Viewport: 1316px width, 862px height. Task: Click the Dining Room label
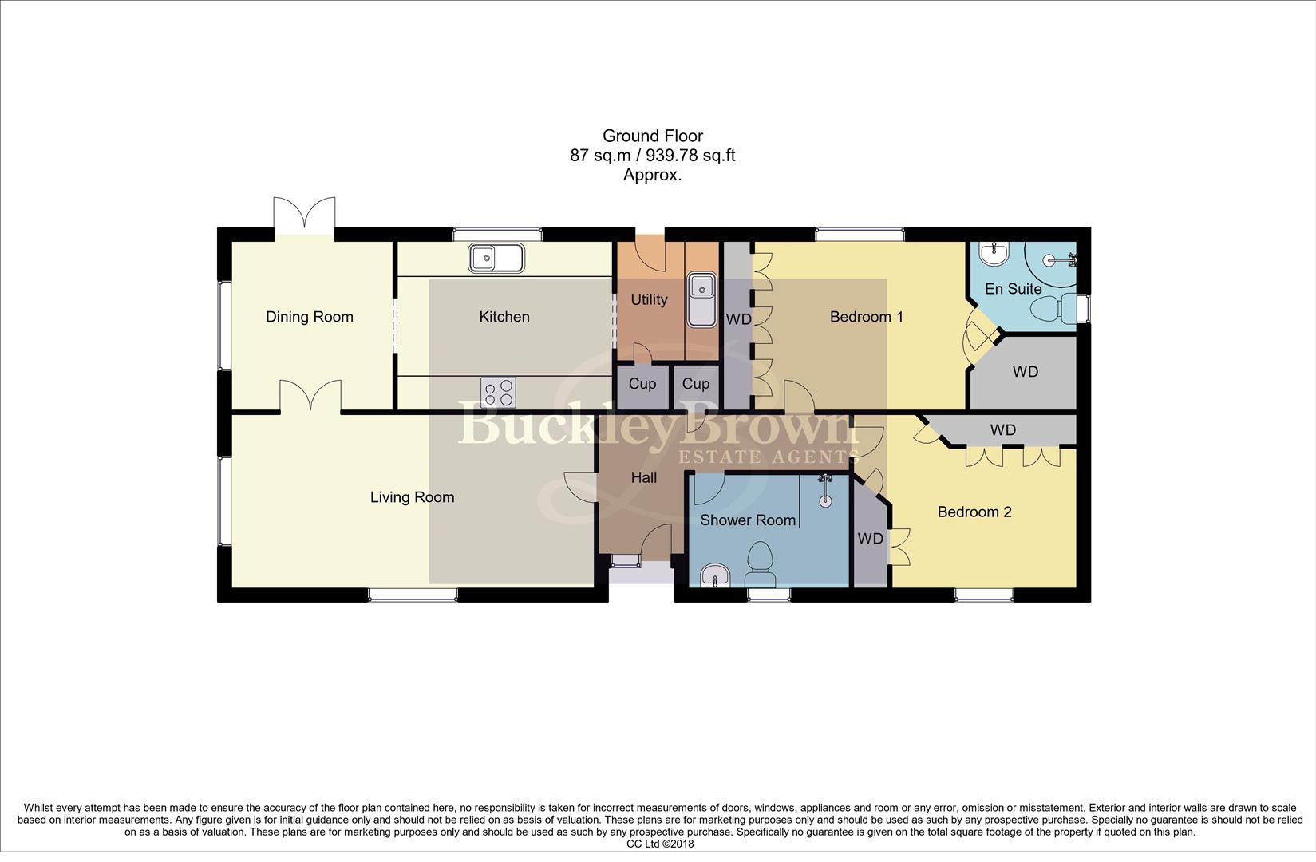pyautogui.click(x=309, y=317)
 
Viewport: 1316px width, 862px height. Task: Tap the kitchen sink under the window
pyautogui.click(x=496, y=258)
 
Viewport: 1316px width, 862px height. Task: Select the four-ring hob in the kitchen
pyautogui.click(x=498, y=393)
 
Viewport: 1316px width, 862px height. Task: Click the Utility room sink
pyautogui.click(x=702, y=299)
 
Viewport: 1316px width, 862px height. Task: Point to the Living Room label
pyautogui.click(x=412, y=497)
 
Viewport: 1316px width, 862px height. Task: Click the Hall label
pyautogui.click(x=643, y=477)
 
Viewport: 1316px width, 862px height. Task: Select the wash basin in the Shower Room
pyautogui.click(x=715, y=575)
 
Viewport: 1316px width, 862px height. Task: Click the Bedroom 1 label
pyautogui.click(x=866, y=317)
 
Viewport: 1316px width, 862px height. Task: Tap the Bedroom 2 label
pyautogui.click(x=974, y=512)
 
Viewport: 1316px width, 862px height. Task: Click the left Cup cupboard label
pyautogui.click(x=642, y=384)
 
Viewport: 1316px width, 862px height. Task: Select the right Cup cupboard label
pyautogui.click(x=695, y=384)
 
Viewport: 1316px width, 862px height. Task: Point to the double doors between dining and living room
pyautogui.click(x=310, y=397)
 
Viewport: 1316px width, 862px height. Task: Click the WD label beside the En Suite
pyautogui.click(x=1025, y=372)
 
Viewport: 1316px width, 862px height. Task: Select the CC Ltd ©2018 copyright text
pyautogui.click(x=659, y=844)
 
